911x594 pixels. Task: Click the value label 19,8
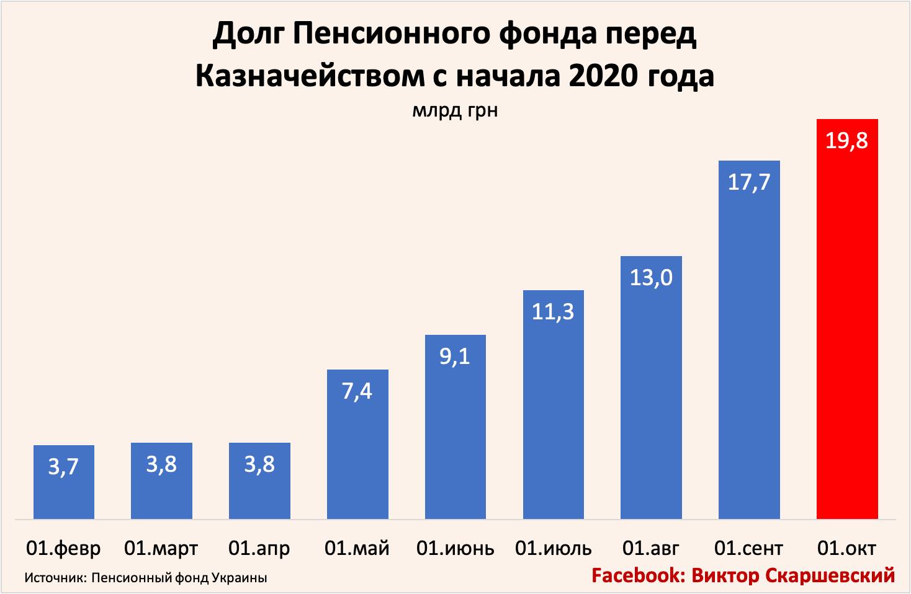point(846,141)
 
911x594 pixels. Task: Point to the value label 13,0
point(651,277)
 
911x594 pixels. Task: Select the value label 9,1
point(455,357)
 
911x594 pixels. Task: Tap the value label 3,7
point(63,466)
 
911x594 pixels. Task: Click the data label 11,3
point(553,311)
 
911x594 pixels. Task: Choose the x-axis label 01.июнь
point(455,549)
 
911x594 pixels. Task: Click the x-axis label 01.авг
point(651,549)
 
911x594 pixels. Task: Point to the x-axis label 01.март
point(161,549)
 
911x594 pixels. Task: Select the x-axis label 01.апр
point(259,549)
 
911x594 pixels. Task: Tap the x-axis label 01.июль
point(553,549)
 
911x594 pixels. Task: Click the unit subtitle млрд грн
point(455,110)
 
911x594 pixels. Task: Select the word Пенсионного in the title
point(391,34)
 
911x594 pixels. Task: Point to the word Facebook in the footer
point(637,575)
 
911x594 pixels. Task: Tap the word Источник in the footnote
point(53,578)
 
